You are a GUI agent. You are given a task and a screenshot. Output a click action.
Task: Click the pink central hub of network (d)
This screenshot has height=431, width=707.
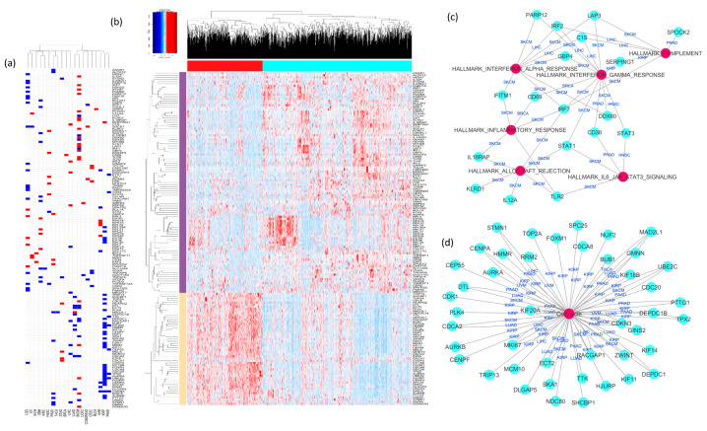pyautogui.click(x=567, y=315)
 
